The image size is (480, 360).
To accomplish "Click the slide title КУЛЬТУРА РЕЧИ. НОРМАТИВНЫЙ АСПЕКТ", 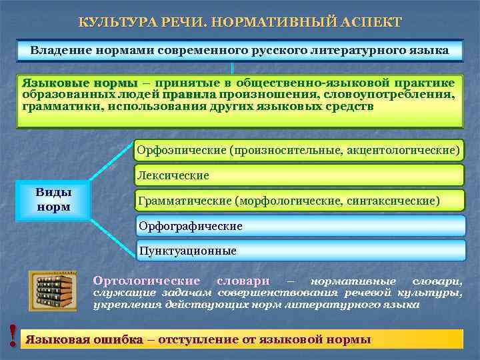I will (240, 22).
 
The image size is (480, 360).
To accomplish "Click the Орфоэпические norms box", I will (298, 150).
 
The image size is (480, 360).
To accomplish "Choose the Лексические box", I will (298, 176).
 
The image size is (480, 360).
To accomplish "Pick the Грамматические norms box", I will (298, 200).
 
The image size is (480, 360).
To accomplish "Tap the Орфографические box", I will (298, 226).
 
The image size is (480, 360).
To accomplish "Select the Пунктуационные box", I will (298, 251).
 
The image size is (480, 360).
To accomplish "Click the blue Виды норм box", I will (53, 199).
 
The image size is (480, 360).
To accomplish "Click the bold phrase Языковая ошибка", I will (84, 339).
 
